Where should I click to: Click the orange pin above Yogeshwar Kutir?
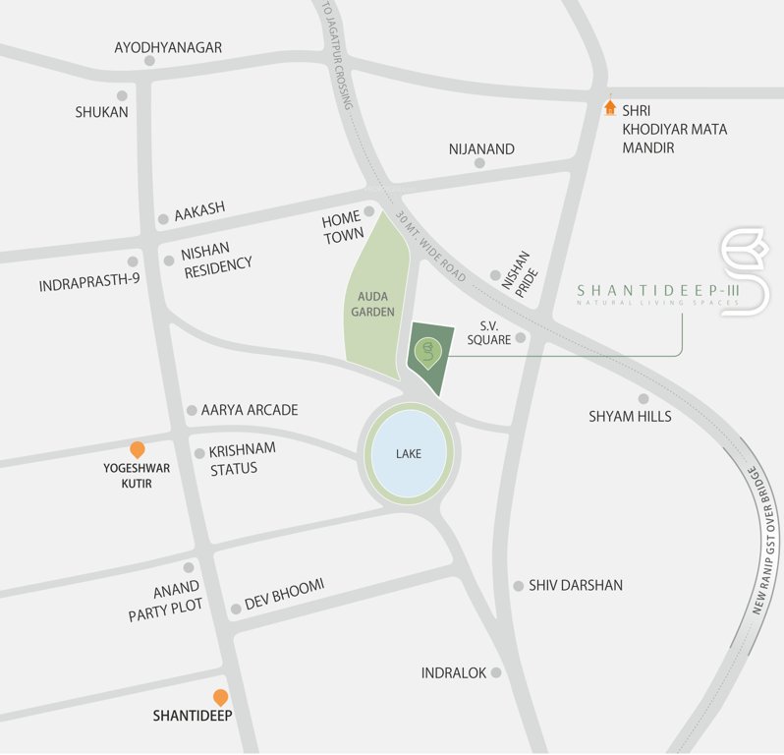click(138, 449)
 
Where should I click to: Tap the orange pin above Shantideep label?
click(221, 696)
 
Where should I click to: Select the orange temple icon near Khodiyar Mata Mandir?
click(609, 106)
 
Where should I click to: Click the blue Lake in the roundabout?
click(409, 454)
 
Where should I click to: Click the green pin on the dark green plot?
click(426, 351)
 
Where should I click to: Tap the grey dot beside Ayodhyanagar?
click(149, 61)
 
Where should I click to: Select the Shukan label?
click(102, 112)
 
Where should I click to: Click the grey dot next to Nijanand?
click(479, 163)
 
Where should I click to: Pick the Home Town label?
click(342, 227)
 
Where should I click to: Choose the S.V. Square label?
click(496, 331)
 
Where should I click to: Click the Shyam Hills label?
click(630, 416)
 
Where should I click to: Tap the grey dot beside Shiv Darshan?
click(518, 585)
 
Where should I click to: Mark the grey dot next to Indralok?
click(496, 672)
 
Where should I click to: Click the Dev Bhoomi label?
click(284, 594)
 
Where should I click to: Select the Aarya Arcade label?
click(250, 410)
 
